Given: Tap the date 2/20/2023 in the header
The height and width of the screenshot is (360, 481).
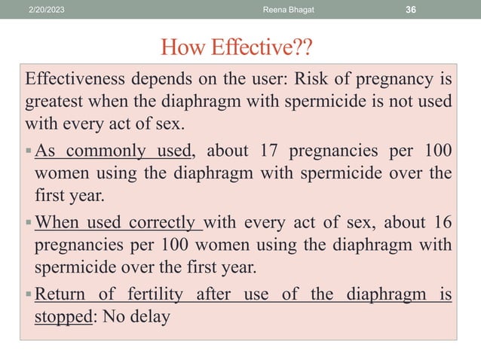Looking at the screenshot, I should pos(47,8).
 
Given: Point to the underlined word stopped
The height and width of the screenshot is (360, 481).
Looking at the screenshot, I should pos(62,317).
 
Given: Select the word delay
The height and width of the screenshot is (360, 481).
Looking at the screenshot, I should pos(149,317).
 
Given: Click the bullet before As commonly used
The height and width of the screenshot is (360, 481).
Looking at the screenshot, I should pos(29,150).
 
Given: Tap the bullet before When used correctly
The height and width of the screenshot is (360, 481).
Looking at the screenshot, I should pos(29,224).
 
